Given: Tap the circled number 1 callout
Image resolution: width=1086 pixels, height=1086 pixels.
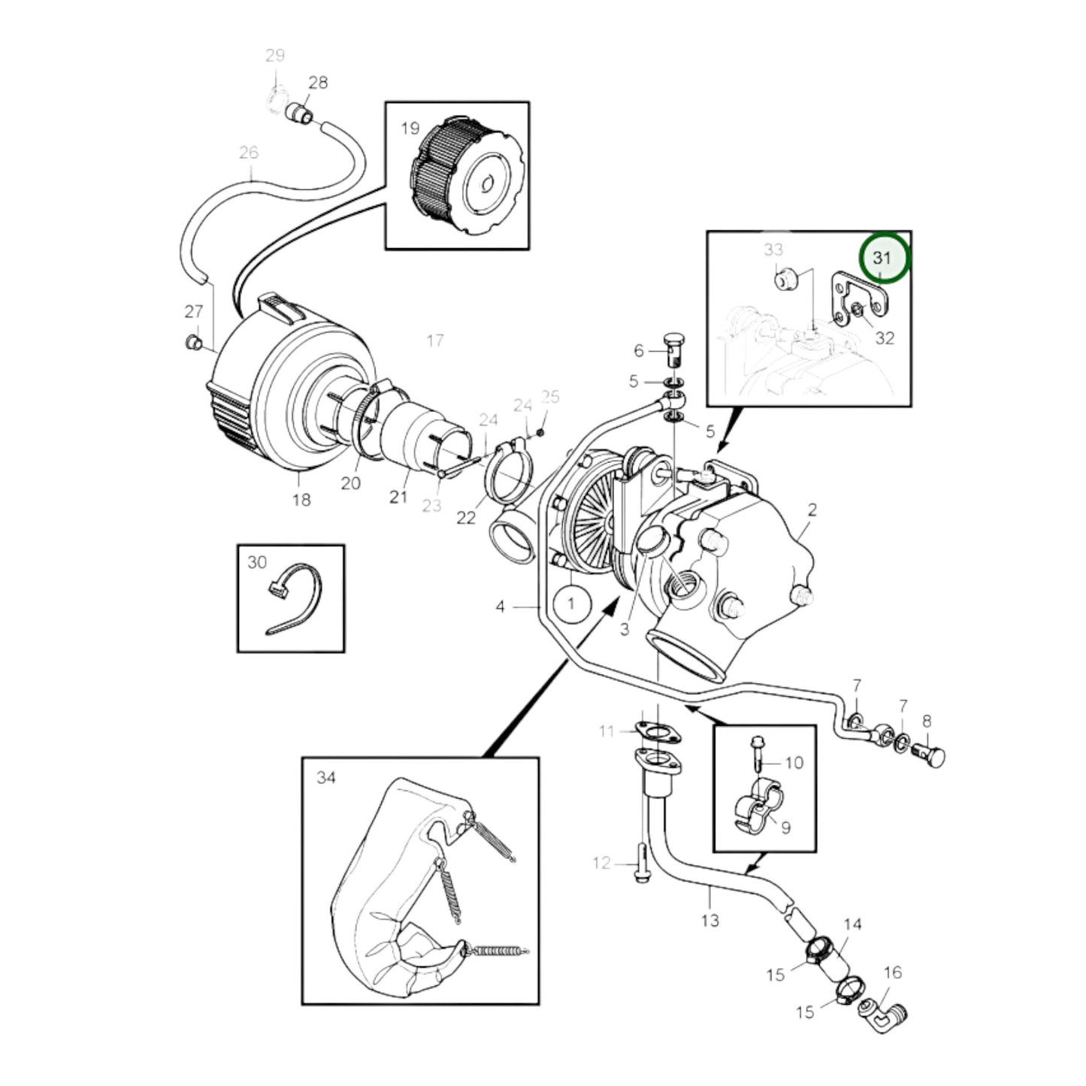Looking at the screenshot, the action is coord(571,604).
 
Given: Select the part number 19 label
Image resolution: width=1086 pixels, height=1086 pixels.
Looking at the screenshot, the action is coord(410,129).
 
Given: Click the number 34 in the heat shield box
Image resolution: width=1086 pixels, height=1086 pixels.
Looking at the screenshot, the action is coord(325,778).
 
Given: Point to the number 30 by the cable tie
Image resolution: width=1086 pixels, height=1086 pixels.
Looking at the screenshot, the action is coord(257,562).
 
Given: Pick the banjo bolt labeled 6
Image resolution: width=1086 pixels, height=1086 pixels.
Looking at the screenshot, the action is coord(673,349).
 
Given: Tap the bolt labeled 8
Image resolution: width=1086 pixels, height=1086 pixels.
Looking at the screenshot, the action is coord(930,755).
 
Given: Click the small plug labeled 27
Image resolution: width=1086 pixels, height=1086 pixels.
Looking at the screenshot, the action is coord(193,341).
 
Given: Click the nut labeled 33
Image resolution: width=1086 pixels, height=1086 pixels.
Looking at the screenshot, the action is coord(783,280).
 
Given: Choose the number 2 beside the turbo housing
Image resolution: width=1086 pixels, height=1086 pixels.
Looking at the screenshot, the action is coord(812,510).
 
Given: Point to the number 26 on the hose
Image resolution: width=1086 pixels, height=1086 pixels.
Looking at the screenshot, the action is coord(249,153).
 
